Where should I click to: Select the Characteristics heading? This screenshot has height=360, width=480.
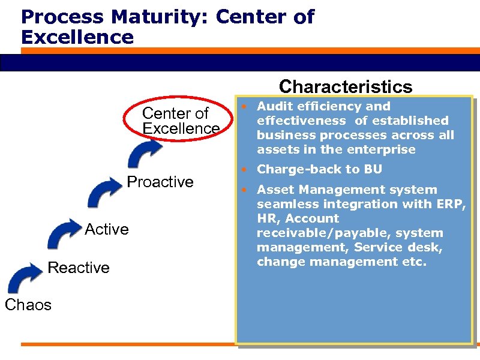(346, 86)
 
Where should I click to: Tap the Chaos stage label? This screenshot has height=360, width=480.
(28, 305)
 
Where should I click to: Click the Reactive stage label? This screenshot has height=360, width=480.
(79, 268)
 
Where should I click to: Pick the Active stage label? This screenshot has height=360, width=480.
(107, 229)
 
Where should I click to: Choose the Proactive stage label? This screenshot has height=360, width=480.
(161, 182)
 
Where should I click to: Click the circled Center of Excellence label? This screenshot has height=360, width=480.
(181, 121)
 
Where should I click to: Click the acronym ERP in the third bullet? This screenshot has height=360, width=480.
(451, 204)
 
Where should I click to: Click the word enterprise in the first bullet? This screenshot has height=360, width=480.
(384, 149)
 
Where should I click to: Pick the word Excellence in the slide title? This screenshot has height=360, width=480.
(77, 37)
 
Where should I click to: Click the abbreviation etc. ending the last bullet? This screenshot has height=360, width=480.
(414, 262)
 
